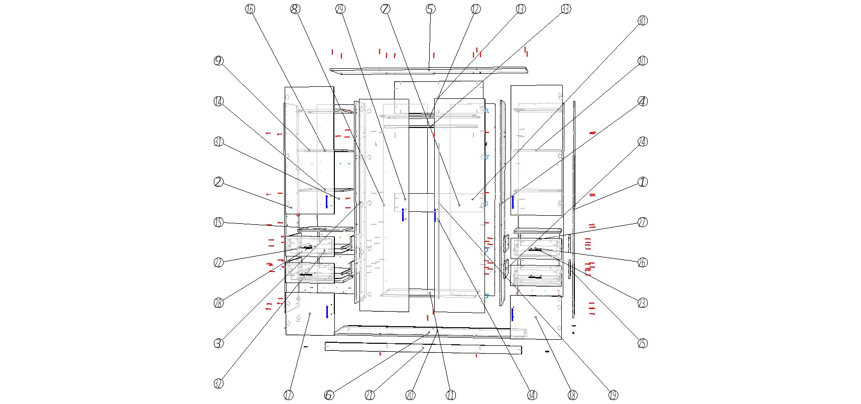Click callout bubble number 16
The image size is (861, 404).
(250, 9)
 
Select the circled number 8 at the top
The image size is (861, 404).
(295, 9)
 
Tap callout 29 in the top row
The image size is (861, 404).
(340, 9)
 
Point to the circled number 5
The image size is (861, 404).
(430, 9)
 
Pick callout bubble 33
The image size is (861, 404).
(566, 9)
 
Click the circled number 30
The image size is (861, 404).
(643, 21)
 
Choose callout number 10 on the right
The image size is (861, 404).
(643, 61)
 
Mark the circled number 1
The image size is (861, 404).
(643, 182)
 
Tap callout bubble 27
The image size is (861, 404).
(643, 222)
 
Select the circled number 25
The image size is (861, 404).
(643, 344)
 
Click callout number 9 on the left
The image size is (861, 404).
(218, 61)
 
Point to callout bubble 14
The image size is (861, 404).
(218, 101)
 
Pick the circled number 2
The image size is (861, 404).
(218, 182)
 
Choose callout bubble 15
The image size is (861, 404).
(218, 222)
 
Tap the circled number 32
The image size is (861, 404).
(218, 384)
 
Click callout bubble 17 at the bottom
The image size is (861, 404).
(289, 395)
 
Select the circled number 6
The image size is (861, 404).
(329, 395)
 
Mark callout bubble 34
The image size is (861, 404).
(532, 395)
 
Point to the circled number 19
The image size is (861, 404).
(613, 395)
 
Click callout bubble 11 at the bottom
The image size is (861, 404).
(451, 395)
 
